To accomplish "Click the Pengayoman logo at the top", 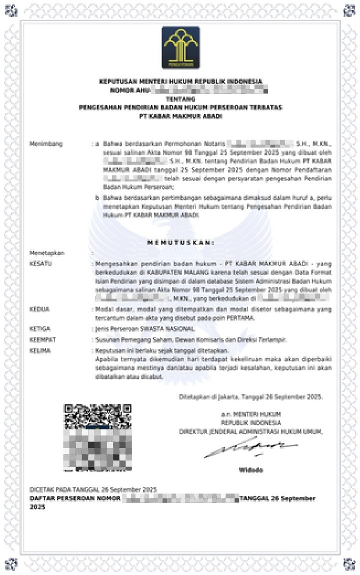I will click(x=180, y=47).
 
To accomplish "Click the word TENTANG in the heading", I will click(x=180, y=99).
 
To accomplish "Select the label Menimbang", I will click(x=46, y=144).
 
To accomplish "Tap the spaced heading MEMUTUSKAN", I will click(x=180, y=242).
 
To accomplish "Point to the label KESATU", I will click(x=40, y=263).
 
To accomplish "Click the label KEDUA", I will click(x=39, y=309).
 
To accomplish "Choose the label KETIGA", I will click(x=40, y=329).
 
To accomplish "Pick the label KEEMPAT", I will click(x=42, y=340).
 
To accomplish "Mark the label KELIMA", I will click(x=40, y=350).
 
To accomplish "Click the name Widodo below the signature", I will click(x=250, y=470).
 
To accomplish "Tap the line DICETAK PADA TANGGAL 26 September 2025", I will click(x=93, y=489).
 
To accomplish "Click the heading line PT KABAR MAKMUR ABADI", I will click(x=180, y=116).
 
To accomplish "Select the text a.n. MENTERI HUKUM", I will click(x=251, y=414).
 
